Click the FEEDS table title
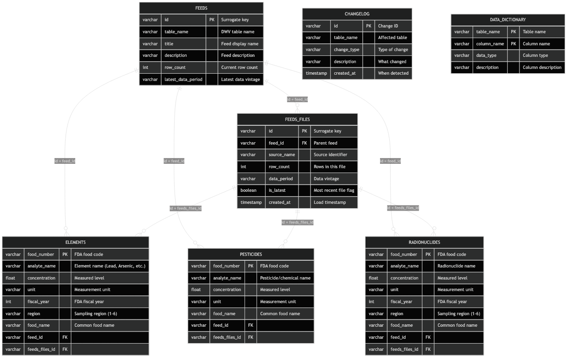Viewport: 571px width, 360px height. click(x=201, y=8)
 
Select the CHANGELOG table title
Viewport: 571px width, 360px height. click(x=357, y=14)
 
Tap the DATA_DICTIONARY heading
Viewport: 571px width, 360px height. click(x=507, y=20)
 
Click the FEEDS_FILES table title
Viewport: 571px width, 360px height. click(x=297, y=119)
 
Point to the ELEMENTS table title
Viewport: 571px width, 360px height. click(x=75, y=242)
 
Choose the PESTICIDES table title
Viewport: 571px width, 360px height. click(x=251, y=254)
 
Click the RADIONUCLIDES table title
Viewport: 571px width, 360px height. click(x=424, y=242)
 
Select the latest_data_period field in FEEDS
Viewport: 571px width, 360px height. click(x=183, y=79)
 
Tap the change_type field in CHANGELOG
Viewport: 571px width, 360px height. click(x=347, y=50)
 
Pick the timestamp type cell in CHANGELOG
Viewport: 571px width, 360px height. click(x=316, y=73)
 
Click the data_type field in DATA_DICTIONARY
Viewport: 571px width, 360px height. click(x=487, y=55)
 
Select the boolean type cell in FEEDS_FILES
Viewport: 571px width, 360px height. click(x=248, y=190)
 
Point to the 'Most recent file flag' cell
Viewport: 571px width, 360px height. click(x=334, y=190)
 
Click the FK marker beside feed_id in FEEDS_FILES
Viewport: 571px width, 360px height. click(x=304, y=143)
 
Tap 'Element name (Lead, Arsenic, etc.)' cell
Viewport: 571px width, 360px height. click(x=109, y=266)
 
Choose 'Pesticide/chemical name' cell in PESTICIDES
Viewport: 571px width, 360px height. click(x=285, y=278)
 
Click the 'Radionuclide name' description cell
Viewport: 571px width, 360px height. click(x=456, y=266)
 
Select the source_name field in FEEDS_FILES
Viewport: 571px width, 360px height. click(x=282, y=155)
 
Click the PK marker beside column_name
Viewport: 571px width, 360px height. click(x=513, y=44)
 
